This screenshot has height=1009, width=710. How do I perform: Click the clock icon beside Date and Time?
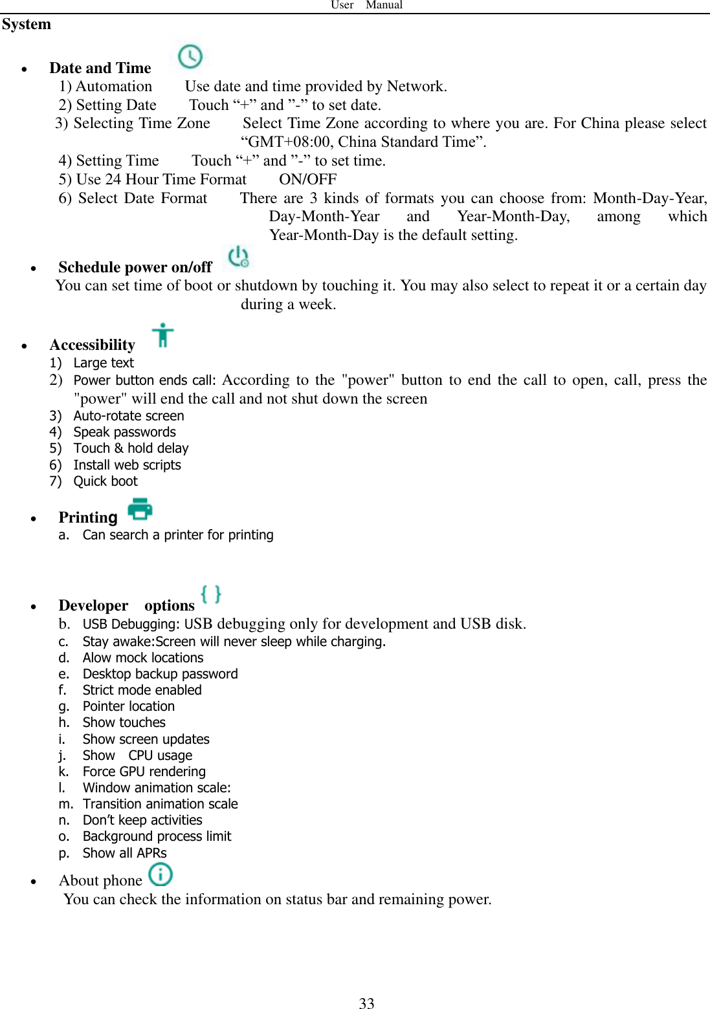point(190,57)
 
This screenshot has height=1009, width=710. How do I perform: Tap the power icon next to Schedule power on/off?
point(238,257)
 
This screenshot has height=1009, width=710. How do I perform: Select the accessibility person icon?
point(163,335)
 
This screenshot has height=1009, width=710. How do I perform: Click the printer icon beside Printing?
point(140,510)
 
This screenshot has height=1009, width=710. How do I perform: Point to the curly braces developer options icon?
point(211,594)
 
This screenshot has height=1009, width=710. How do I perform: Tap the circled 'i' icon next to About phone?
point(161,874)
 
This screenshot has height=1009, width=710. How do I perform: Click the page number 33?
point(366,1003)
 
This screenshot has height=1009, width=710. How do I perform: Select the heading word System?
point(27,25)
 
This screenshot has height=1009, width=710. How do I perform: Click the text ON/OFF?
point(307,179)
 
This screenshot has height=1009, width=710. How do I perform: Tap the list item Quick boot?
point(105,481)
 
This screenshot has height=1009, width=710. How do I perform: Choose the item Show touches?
point(124,722)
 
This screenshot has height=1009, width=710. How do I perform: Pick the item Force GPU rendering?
point(144,772)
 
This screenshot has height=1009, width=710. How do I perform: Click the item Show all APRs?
point(124,853)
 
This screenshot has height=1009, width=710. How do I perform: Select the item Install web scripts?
point(127,465)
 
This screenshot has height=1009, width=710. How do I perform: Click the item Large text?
point(104,363)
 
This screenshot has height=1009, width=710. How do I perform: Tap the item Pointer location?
point(128,706)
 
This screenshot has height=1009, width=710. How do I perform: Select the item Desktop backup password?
point(160,674)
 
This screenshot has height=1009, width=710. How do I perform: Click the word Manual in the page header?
point(384,5)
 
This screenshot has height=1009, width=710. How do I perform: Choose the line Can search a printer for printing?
point(178,535)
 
